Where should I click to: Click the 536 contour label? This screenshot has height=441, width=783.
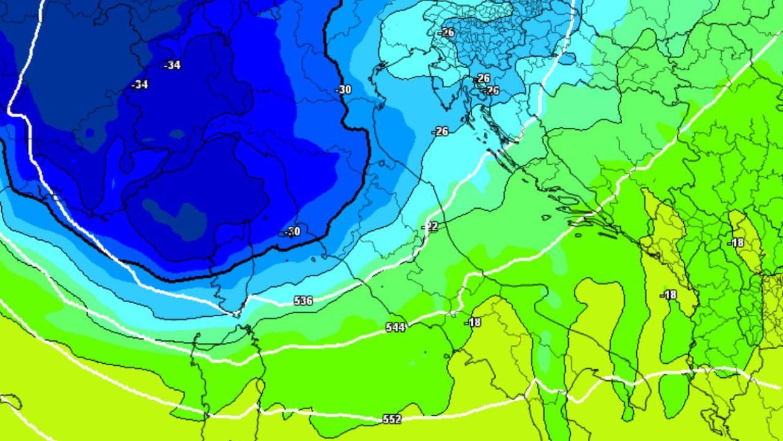[303, 301]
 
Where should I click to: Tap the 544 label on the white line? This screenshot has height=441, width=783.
[395, 328]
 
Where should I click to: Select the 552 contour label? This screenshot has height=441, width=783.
[391, 419]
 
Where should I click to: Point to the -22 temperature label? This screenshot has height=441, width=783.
[431, 227]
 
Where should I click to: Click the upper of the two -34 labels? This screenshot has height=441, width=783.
[172, 65]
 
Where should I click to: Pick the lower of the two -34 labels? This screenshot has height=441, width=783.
[140, 85]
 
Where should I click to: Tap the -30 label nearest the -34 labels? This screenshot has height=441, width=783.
[344, 89]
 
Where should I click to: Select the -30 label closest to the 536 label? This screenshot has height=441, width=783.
[292, 232]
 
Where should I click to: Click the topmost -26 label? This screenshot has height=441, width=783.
[447, 32]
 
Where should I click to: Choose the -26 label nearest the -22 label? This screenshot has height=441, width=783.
[440, 131]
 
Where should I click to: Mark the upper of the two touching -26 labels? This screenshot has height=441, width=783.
[483, 78]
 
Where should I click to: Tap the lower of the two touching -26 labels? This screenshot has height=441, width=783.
[491, 91]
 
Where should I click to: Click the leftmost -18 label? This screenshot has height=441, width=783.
[473, 322]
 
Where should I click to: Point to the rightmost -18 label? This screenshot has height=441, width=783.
[736, 243]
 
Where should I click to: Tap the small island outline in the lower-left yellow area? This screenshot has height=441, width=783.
[11, 402]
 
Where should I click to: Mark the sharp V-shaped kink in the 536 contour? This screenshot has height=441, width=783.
[237, 314]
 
